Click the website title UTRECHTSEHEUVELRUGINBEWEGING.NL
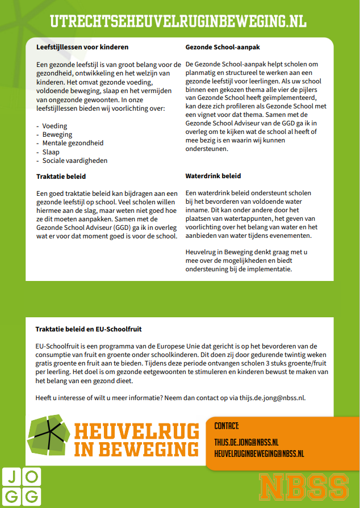point(178,22)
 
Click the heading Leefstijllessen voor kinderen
point(82,47)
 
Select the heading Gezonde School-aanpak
point(223,47)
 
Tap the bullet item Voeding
point(55,126)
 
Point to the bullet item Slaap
point(51,152)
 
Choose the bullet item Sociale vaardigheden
point(74,161)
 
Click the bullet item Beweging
point(57,135)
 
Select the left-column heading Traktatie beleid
point(61,177)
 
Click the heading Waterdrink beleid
point(213,176)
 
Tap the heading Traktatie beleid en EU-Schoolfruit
point(89,329)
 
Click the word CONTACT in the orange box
point(227,426)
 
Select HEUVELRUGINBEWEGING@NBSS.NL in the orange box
point(259,454)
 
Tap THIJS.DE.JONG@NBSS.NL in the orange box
point(246,442)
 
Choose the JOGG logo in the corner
point(21,486)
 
